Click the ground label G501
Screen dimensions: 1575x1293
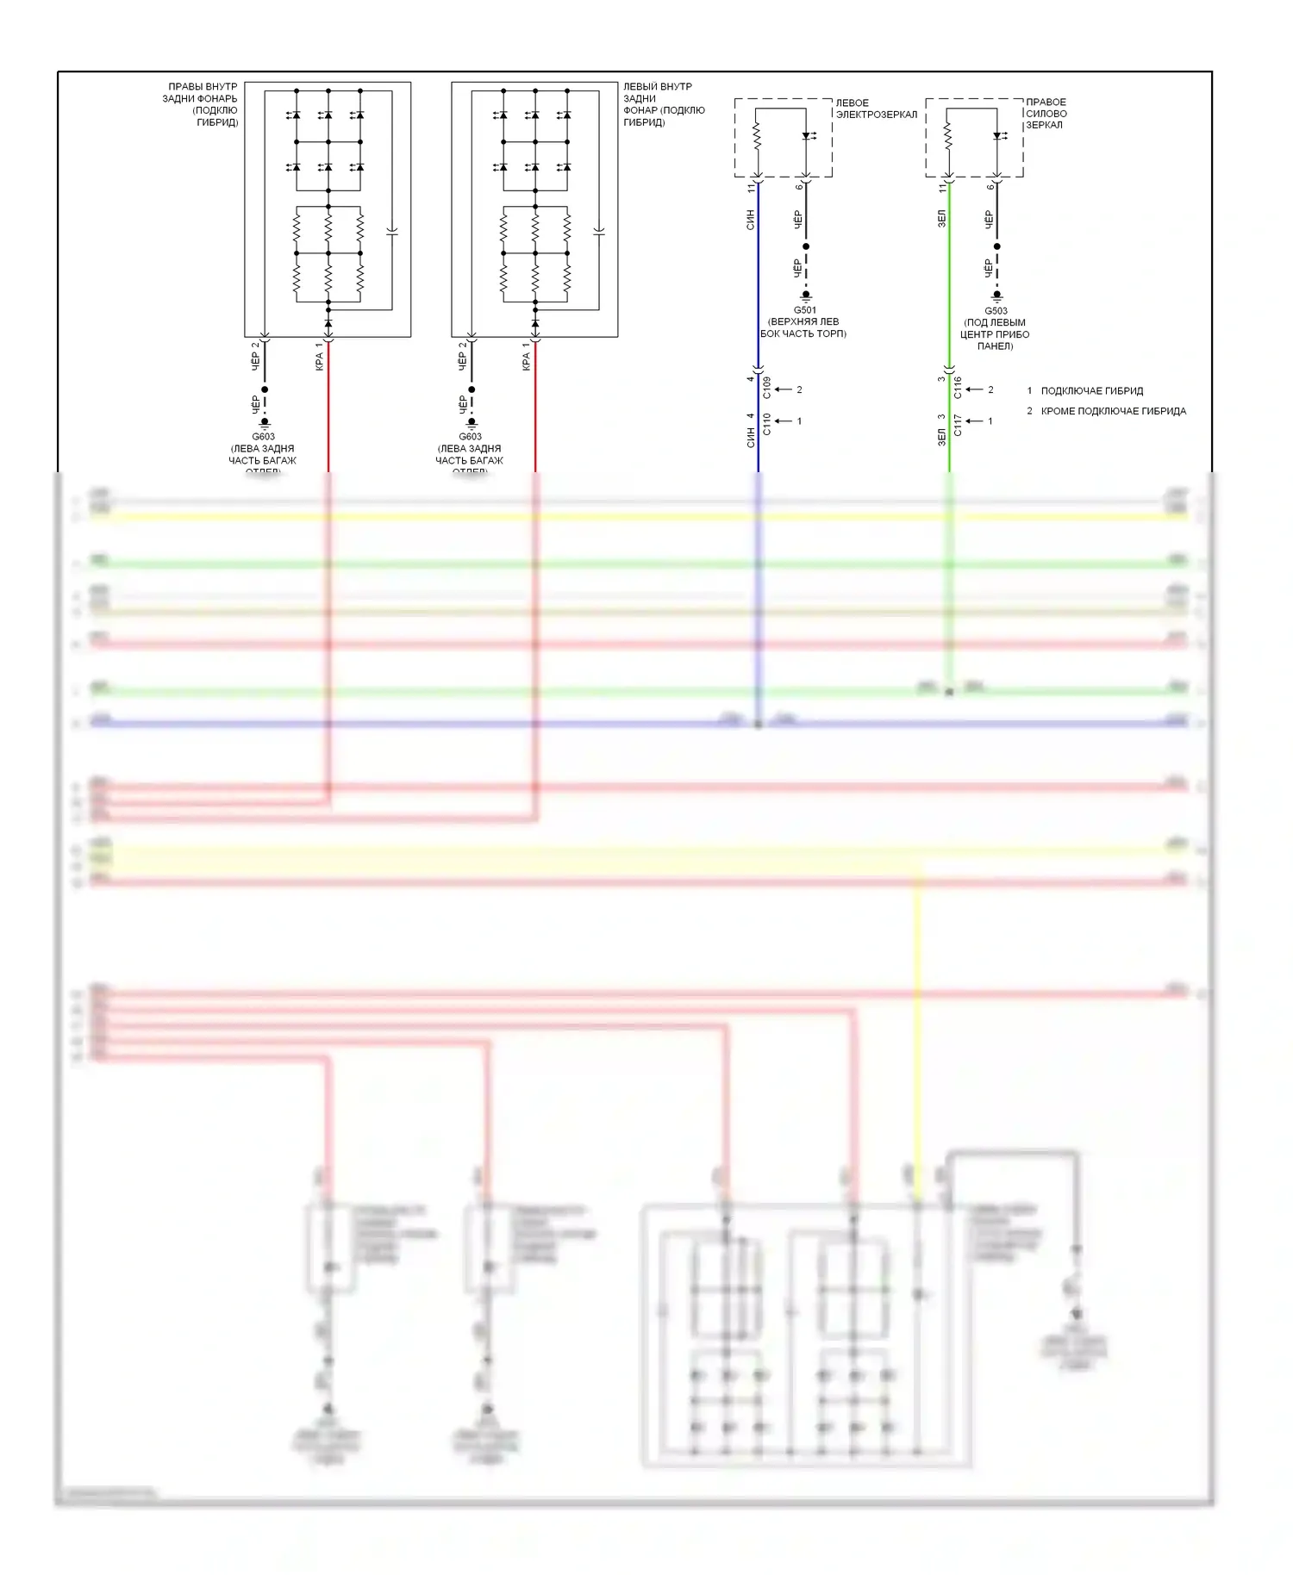(804, 310)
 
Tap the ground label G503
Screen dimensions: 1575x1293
(996, 311)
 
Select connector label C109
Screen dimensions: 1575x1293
(767, 388)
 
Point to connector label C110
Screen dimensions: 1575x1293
(767, 424)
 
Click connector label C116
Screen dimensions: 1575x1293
(958, 388)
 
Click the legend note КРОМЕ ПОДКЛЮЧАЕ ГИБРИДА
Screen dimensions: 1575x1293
(1113, 411)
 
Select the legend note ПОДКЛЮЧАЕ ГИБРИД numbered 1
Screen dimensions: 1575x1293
(1091, 390)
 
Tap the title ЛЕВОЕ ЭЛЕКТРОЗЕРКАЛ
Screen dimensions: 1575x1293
(876, 109)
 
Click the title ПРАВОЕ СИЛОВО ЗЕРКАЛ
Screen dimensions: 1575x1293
(1046, 113)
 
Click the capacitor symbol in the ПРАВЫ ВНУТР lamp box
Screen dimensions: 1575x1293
(392, 232)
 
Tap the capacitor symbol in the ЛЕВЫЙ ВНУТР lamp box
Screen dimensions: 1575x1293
(599, 232)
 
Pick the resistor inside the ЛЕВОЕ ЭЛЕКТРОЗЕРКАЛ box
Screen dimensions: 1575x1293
(757, 136)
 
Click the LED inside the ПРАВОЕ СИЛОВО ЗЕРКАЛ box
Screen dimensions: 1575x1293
(998, 136)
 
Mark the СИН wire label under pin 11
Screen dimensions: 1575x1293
(750, 220)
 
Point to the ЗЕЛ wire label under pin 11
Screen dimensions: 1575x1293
(941, 219)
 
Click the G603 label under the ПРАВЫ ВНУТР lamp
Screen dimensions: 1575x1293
(264, 437)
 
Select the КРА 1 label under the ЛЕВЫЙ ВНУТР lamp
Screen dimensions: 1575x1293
(526, 357)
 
